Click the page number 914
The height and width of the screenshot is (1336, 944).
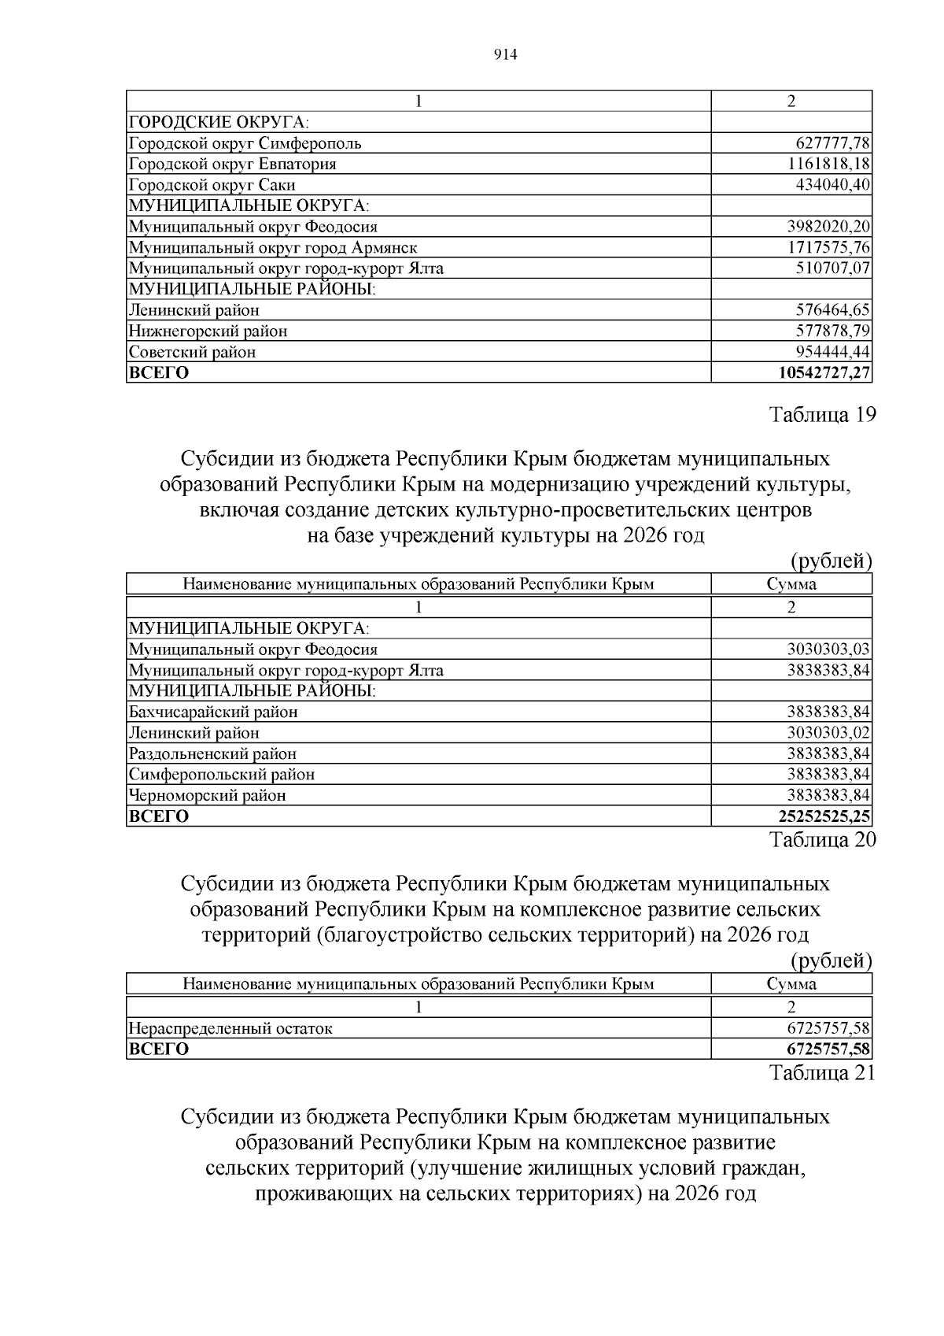point(505,54)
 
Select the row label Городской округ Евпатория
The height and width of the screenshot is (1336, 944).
point(233,164)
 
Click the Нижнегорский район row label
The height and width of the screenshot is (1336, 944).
point(208,331)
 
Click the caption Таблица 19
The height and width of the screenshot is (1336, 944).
point(822,415)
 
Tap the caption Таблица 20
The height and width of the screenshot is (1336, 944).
point(822,840)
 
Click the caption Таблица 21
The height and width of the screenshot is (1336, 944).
point(822,1073)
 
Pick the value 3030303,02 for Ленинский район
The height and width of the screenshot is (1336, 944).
point(828,733)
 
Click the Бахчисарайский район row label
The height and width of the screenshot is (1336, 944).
point(213,712)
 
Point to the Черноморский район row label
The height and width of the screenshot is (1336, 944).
point(208,796)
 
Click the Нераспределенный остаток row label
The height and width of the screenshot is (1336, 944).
point(230,1028)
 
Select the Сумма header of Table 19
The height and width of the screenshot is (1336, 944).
point(791,584)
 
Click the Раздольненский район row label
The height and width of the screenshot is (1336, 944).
point(213,754)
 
